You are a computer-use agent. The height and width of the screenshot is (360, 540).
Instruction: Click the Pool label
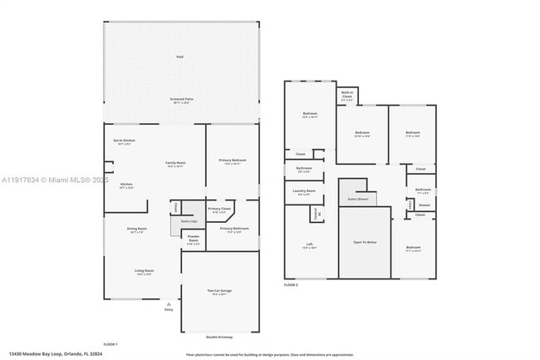click(x=179, y=57)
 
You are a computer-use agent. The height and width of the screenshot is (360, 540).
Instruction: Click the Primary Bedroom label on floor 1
click(x=233, y=161)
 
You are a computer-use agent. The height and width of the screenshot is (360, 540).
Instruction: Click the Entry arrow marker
click(x=169, y=304)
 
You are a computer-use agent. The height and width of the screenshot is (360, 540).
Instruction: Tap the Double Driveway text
click(x=219, y=337)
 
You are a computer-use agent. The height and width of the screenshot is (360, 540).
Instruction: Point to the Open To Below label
click(x=365, y=242)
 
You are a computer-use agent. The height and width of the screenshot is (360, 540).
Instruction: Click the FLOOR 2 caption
click(x=291, y=285)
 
